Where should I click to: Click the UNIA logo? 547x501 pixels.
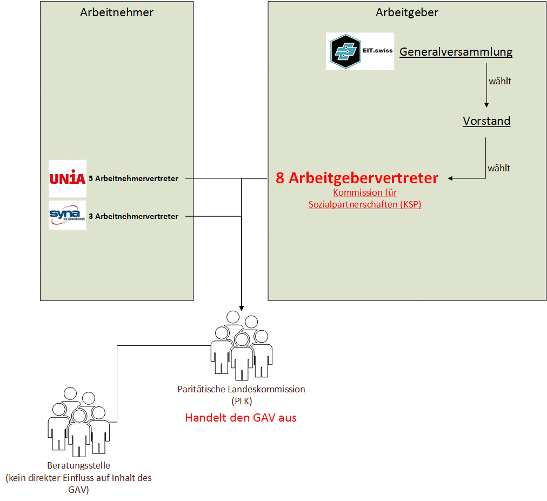tap(68, 178)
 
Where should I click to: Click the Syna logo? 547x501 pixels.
tap(68, 215)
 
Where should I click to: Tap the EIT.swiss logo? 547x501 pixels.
tap(359, 51)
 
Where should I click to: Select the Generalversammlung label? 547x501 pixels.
tap(456, 52)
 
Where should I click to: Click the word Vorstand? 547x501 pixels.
tap(486, 121)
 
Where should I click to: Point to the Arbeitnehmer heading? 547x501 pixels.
tap(117, 12)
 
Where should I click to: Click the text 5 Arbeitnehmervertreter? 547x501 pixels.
tap(134, 178)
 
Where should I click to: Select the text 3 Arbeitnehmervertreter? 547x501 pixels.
tap(134, 216)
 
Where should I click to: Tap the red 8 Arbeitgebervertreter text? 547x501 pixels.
tap(357, 178)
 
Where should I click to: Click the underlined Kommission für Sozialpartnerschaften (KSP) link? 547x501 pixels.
tap(365, 198)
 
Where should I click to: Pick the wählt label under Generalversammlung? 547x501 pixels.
tap(500, 82)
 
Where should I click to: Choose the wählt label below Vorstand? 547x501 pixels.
tap(499, 168)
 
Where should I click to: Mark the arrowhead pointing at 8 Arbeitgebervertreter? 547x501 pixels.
tap(451, 178)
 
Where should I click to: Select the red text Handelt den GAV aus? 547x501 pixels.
tap(241, 418)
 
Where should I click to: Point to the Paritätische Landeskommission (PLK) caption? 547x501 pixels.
tap(241, 395)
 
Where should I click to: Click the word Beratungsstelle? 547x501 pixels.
tap(79, 465)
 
